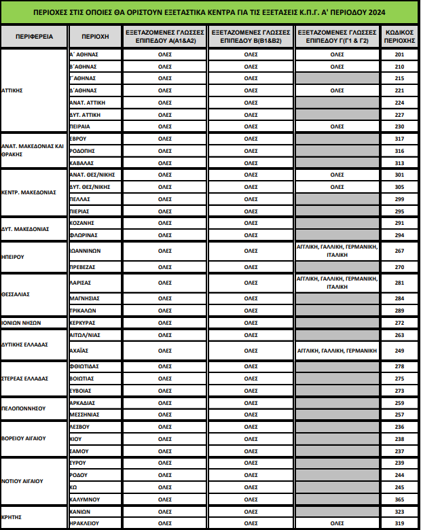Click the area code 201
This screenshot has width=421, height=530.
click(x=399, y=54)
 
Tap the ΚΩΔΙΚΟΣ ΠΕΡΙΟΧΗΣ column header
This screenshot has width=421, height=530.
click(x=399, y=36)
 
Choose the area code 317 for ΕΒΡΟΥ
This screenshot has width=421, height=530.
click(x=399, y=139)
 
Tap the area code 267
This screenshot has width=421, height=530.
click(x=399, y=250)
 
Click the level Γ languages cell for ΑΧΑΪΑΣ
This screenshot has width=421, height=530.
click(x=337, y=351)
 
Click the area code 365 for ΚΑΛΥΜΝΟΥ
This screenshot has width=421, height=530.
click(x=399, y=499)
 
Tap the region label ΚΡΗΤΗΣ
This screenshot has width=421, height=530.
click(x=12, y=517)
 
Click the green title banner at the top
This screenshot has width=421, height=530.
click(x=210, y=12)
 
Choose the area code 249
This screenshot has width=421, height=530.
click(x=399, y=351)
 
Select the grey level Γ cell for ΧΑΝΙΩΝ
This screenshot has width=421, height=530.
click(x=337, y=511)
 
